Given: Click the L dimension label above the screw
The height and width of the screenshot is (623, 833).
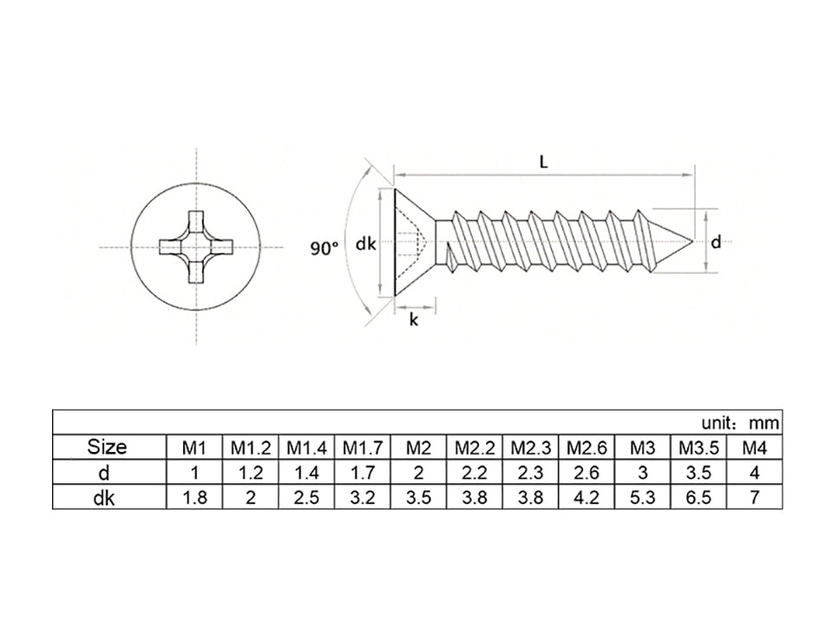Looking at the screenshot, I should tap(543, 162).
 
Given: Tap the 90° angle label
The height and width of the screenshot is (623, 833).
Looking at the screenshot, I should tap(325, 248).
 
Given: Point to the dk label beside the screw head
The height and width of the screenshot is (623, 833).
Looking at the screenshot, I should tap(365, 245).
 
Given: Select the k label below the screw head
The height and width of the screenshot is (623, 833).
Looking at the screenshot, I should tap(414, 320).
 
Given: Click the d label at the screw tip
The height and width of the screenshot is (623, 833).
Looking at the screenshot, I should tap(716, 243).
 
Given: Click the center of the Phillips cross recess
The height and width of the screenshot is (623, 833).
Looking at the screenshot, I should tap(195, 246).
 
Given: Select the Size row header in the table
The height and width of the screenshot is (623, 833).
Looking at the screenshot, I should tap(107, 448).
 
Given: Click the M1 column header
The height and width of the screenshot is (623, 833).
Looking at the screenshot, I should tap(194, 449).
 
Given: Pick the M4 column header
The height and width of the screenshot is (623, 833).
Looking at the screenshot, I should tap(754, 449).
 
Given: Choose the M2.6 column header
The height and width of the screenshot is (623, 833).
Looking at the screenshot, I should tap(587, 449).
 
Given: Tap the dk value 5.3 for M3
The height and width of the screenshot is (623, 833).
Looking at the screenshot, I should tap(642, 498).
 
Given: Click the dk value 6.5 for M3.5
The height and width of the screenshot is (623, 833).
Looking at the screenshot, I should tap(698, 498).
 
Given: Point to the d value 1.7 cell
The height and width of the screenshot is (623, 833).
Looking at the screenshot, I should tap(363, 473).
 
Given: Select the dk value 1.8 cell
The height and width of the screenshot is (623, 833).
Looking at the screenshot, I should tap(194, 498).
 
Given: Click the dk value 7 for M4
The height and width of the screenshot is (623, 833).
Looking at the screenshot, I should tap(754, 498).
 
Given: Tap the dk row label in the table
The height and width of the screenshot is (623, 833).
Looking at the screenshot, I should tap(107, 498).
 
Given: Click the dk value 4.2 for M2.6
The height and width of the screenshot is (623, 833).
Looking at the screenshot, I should tap(587, 498).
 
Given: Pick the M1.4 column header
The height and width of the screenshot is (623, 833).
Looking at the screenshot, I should tap(306, 449).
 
